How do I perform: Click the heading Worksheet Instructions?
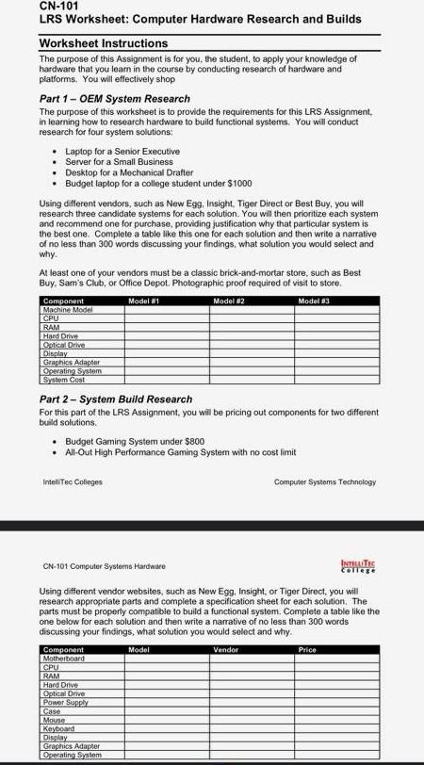(x=104, y=43)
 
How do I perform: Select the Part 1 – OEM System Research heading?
(x=115, y=99)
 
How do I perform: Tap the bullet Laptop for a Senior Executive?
(x=122, y=152)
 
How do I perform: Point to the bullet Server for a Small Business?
(x=121, y=162)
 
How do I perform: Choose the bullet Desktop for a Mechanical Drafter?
(x=129, y=172)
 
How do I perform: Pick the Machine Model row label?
(x=69, y=309)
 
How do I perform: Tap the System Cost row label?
(x=65, y=379)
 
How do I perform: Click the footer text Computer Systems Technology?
(x=324, y=482)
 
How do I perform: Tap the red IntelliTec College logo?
(x=357, y=566)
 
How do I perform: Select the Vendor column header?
(x=226, y=650)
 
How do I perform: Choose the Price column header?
(x=306, y=650)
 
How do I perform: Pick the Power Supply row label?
(x=66, y=702)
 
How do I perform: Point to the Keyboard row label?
(x=59, y=728)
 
